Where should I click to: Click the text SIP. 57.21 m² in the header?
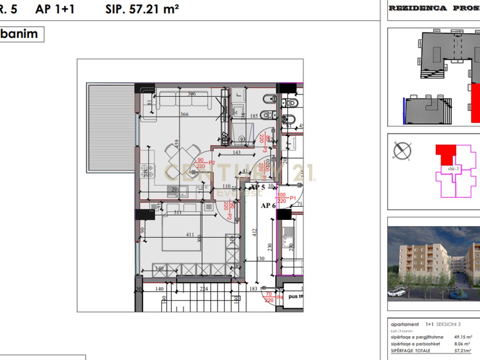(142, 9)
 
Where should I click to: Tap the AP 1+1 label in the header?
(55, 9)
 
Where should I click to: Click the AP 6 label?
(268, 205)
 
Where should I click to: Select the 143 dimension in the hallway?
(236, 153)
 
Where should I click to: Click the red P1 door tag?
(292, 198)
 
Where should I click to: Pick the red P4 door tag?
(280, 297)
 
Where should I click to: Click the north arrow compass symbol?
(403, 151)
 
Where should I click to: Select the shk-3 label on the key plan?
(453, 169)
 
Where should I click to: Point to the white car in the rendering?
(397, 292)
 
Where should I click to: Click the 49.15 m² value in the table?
(463, 337)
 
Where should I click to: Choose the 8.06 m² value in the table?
(463, 344)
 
